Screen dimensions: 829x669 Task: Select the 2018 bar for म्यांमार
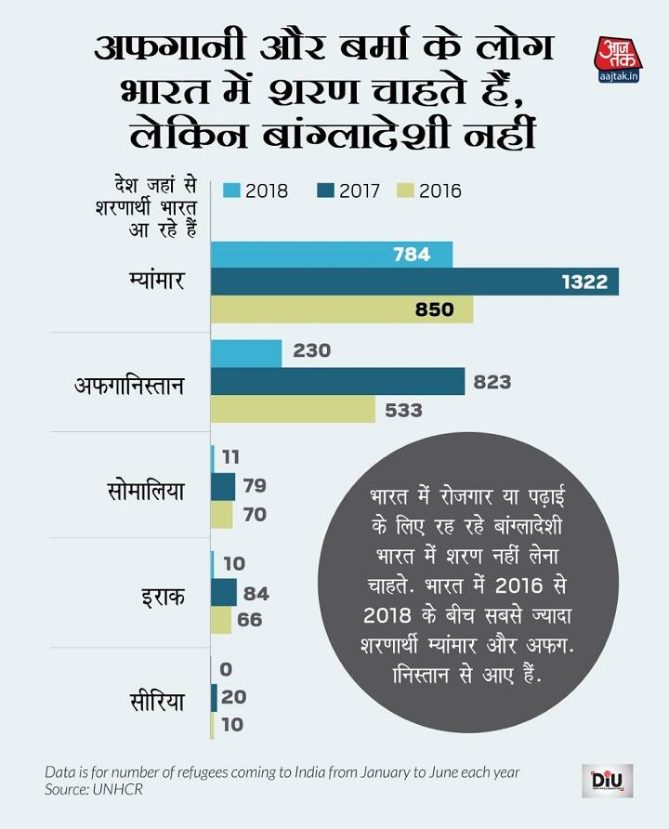332,255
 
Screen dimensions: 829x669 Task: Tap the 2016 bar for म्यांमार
342,309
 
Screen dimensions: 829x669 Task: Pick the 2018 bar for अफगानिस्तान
246,353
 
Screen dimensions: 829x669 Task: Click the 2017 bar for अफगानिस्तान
338,381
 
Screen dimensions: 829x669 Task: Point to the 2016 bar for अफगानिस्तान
294,409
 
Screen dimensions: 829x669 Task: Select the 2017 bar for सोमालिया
223,486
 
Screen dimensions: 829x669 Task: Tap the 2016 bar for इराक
221,620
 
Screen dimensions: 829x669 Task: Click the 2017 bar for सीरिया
215,697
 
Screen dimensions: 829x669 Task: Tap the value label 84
256,593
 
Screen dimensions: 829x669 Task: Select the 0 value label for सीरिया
226,669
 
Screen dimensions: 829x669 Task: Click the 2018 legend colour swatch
231,191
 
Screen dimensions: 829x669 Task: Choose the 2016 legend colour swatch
405,191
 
